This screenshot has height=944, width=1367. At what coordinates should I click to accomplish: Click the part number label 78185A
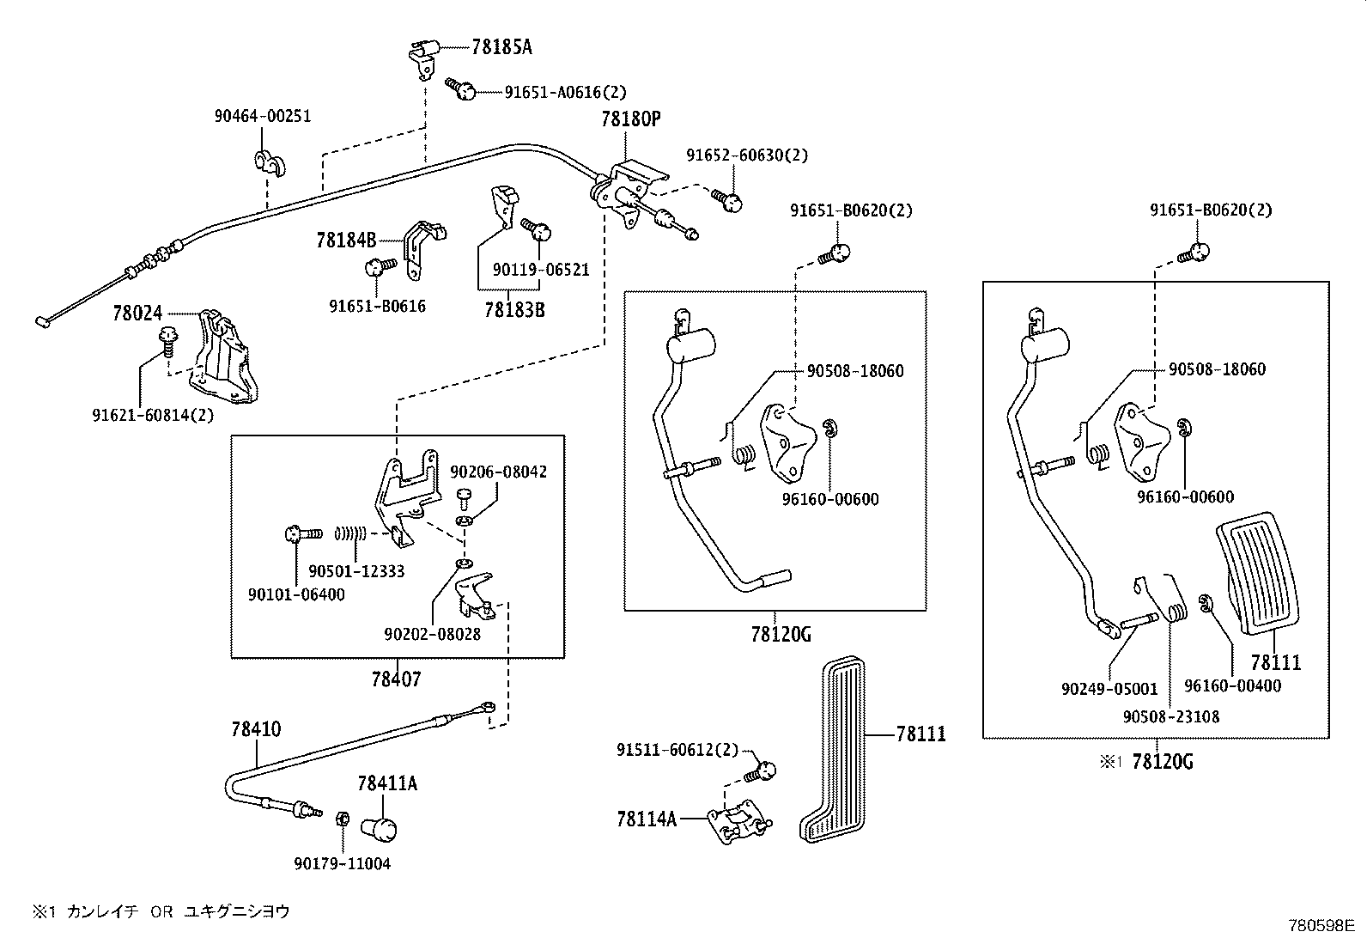[x=501, y=47]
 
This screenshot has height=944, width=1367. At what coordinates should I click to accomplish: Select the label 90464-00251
[x=262, y=116]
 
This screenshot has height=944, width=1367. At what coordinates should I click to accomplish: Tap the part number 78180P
[x=631, y=119]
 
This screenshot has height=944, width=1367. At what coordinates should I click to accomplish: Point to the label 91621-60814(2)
[x=153, y=415]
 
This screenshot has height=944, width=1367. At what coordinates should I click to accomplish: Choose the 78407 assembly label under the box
[x=396, y=679]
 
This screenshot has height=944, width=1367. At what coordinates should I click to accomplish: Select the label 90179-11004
[x=342, y=863]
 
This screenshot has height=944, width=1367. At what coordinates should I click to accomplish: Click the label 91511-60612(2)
[x=677, y=749]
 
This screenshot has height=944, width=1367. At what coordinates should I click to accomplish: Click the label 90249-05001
[x=1109, y=689]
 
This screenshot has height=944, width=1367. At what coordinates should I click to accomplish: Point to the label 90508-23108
[x=1170, y=716]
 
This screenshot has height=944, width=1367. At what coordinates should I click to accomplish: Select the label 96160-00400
[x=1232, y=685]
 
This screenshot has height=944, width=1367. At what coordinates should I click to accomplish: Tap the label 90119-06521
[x=541, y=270]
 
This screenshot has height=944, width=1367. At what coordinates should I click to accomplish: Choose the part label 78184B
[x=347, y=241]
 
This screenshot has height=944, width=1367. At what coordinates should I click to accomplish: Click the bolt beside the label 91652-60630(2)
[x=731, y=201]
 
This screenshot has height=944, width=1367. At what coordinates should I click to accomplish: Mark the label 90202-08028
[x=432, y=634]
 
